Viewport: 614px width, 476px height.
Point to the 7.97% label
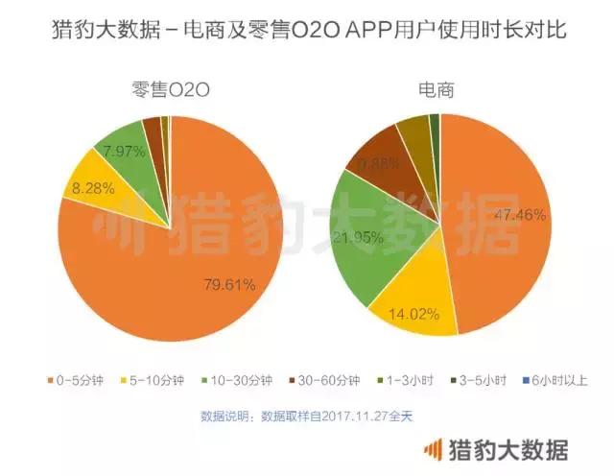(x=119, y=150)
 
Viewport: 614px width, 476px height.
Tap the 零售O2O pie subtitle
(x=170, y=91)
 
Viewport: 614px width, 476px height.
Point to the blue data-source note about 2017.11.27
(x=307, y=416)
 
